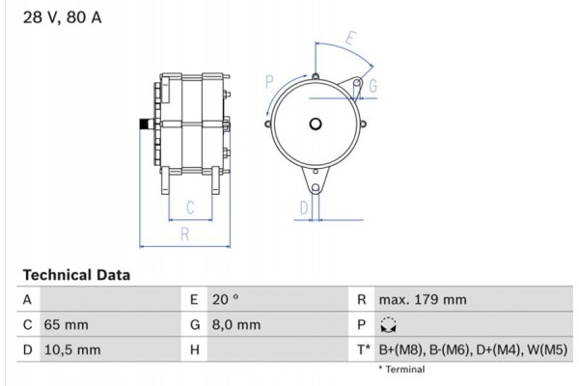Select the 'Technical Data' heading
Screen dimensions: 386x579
point(75,275)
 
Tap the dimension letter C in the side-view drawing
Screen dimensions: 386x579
point(191,207)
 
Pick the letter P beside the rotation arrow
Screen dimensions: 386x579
point(269,80)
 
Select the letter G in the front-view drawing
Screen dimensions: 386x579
point(372,87)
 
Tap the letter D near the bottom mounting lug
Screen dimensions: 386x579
point(303,207)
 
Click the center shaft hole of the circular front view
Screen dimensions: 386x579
point(316,124)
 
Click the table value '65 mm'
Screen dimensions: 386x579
point(66,325)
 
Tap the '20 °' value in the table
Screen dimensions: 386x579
point(225,300)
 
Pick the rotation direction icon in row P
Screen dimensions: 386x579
point(388,326)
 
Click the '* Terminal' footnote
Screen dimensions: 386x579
point(400,370)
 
